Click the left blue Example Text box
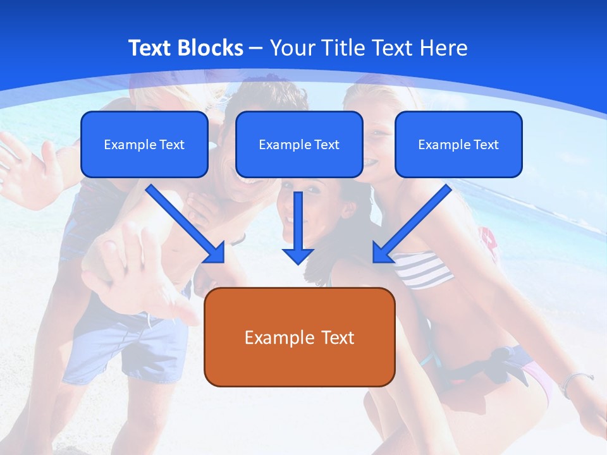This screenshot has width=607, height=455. [144, 144]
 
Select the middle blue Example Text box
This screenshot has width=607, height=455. [299, 144]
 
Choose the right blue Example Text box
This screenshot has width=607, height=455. [458, 144]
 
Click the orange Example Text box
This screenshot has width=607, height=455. [299, 337]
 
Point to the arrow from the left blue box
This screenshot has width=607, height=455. [185, 223]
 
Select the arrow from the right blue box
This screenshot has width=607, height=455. [412, 223]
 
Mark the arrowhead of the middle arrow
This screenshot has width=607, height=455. [298, 255]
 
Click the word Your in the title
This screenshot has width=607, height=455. [293, 48]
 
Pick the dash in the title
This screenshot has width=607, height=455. [256, 49]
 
